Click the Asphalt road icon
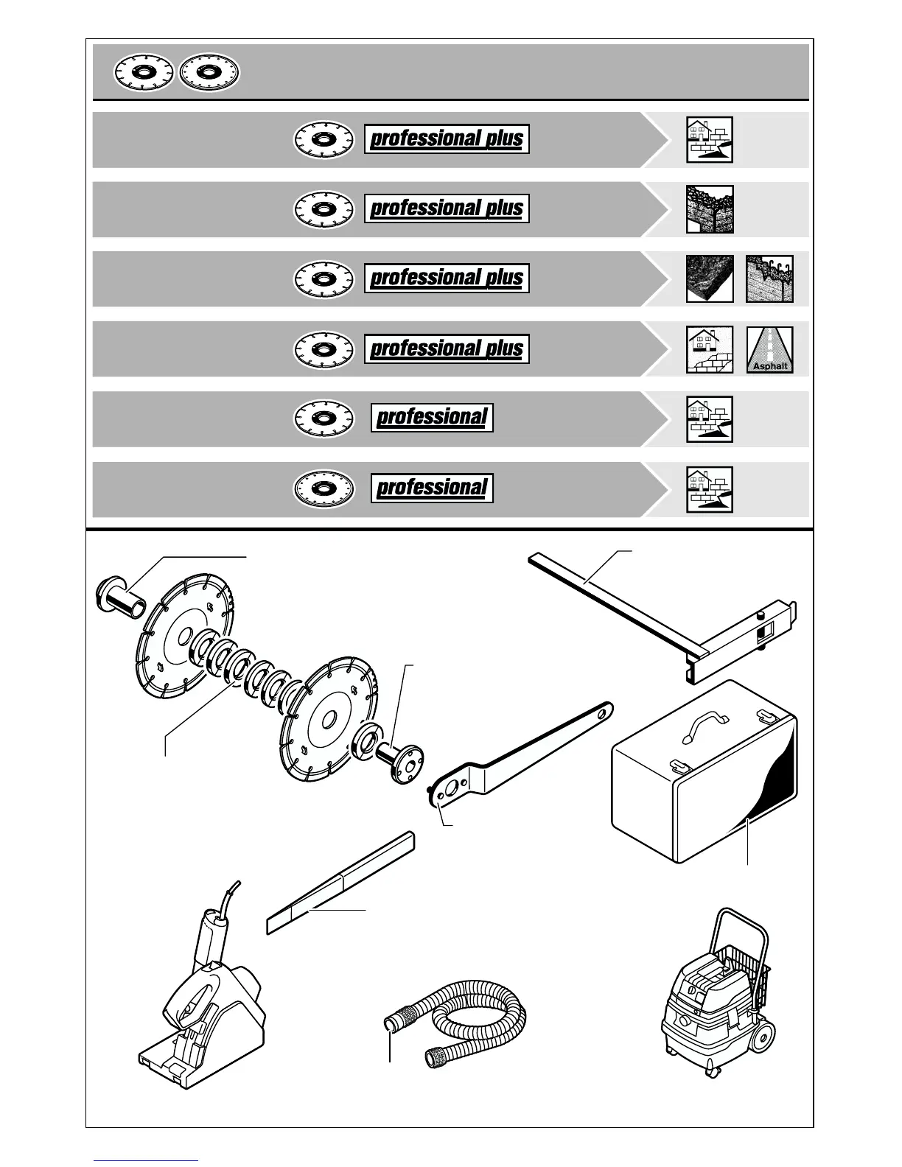[x=770, y=350]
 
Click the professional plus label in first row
[x=447, y=139]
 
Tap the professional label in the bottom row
[x=432, y=488]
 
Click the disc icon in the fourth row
[x=323, y=349]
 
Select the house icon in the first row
[x=709, y=139]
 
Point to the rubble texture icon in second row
[x=709, y=209]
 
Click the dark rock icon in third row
[x=709, y=278]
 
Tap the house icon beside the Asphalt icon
[x=709, y=350]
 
